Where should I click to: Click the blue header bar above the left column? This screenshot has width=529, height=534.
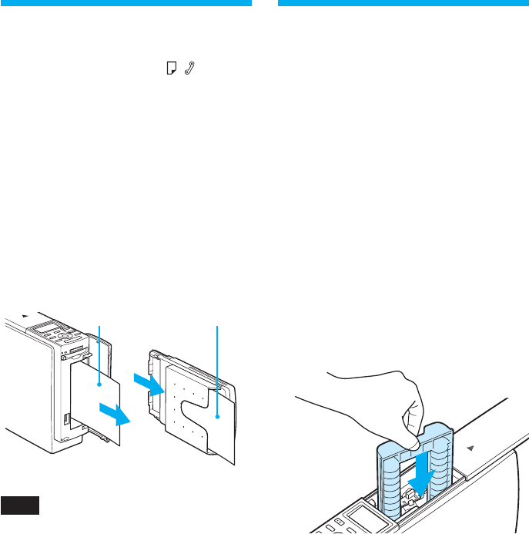coord(126,3)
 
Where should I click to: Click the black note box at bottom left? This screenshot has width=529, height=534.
coord(19,505)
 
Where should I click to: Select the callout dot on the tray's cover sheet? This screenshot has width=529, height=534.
coord(218,417)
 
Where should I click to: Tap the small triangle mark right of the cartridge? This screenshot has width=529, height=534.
coord(471,448)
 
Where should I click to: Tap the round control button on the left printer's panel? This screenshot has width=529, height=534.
coord(65,337)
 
